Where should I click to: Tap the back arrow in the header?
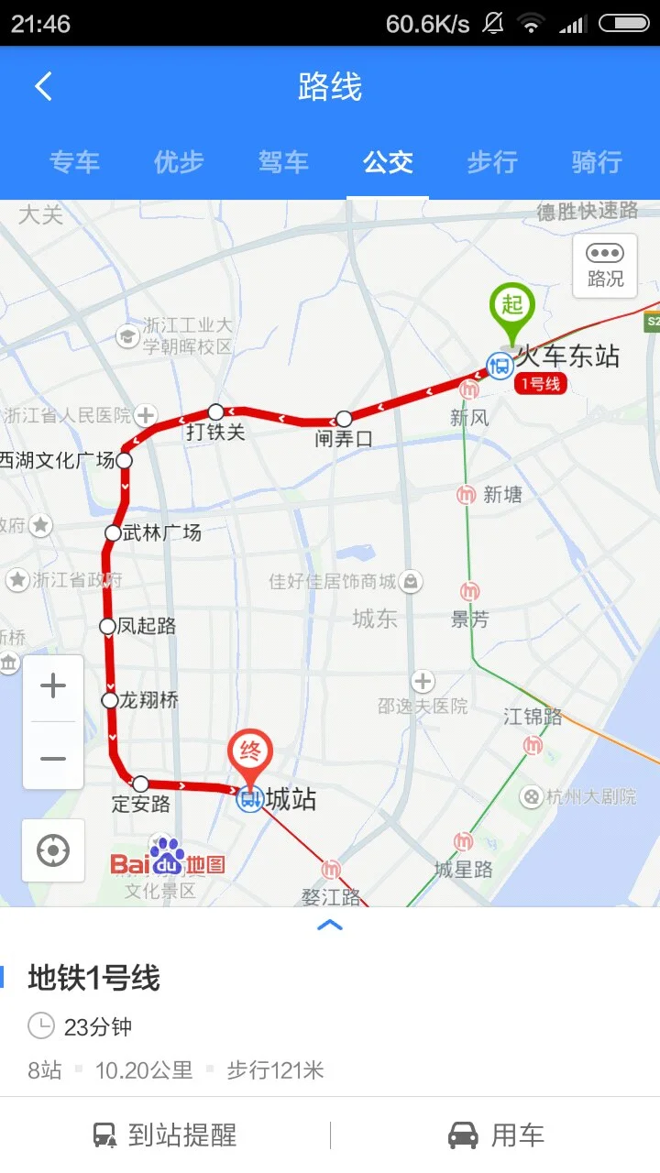43,87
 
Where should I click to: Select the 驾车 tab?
283,162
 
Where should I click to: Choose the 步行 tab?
492,162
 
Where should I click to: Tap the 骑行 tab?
597,162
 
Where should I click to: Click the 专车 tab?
74,162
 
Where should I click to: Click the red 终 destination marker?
250,753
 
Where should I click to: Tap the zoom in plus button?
53,686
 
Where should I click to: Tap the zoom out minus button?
53,759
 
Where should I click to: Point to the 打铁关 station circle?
216,411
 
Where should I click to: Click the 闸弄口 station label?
345,439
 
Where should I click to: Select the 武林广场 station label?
162,532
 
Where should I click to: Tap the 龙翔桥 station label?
149,700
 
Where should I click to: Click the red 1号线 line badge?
541,384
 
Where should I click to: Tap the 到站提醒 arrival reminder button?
165,1135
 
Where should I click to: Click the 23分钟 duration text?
98,1026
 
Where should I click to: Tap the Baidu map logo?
168,860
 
